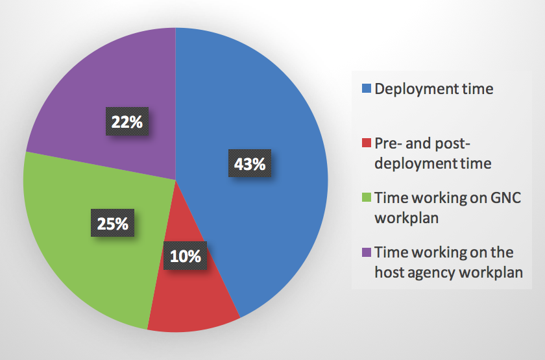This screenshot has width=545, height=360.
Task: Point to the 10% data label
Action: (x=186, y=256)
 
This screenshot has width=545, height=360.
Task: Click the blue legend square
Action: (x=366, y=89)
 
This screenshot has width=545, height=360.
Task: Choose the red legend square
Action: (x=366, y=143)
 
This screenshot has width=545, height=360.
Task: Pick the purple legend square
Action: (x=366, y=252)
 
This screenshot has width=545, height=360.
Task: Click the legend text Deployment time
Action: (x=433, y=89)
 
